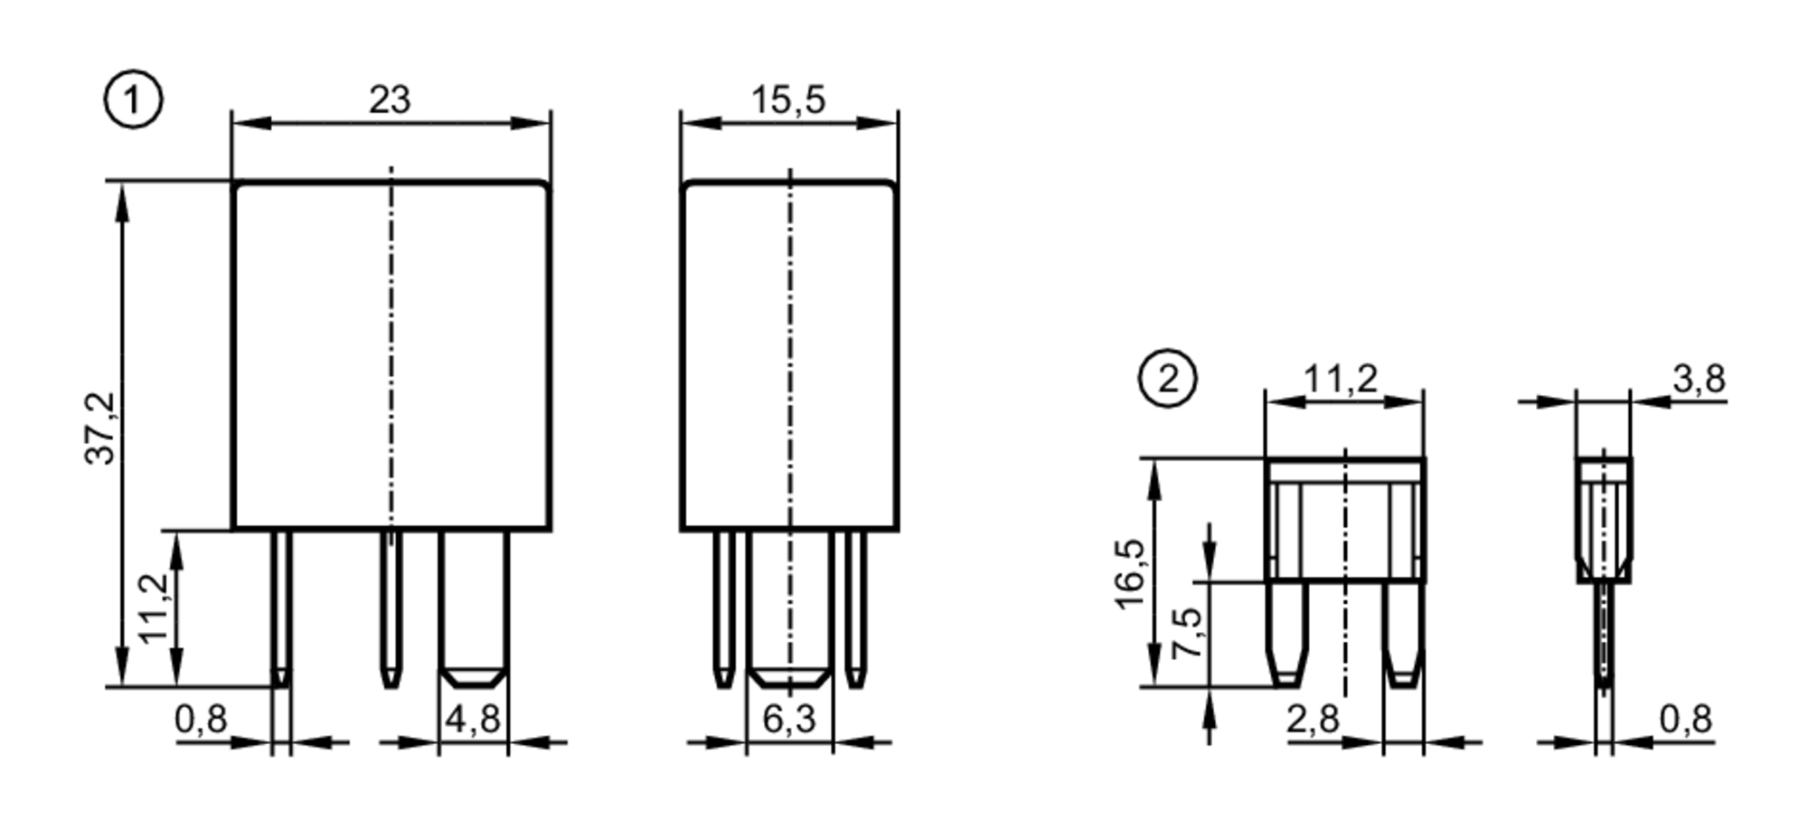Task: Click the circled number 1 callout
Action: point(134,101)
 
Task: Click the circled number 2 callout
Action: point(1167,380)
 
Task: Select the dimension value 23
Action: point(390,99)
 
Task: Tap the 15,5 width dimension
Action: point(788,99)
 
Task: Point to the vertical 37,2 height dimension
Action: point(101,428)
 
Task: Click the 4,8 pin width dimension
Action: point(472,720)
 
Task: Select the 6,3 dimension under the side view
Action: point(788,720)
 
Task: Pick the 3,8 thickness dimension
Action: point(1698,380)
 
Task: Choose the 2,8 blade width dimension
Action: point(1313,720)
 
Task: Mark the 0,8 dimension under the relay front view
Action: point(201,720)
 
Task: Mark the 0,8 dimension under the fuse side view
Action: point(1685,720)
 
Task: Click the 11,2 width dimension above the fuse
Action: point(1341,380)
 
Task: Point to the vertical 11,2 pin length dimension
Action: point(155,608)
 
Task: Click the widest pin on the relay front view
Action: point(473,606)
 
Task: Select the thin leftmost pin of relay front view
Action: point(282,606)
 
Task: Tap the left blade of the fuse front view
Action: point(1286,633)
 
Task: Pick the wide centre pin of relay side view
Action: point(789,606)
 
